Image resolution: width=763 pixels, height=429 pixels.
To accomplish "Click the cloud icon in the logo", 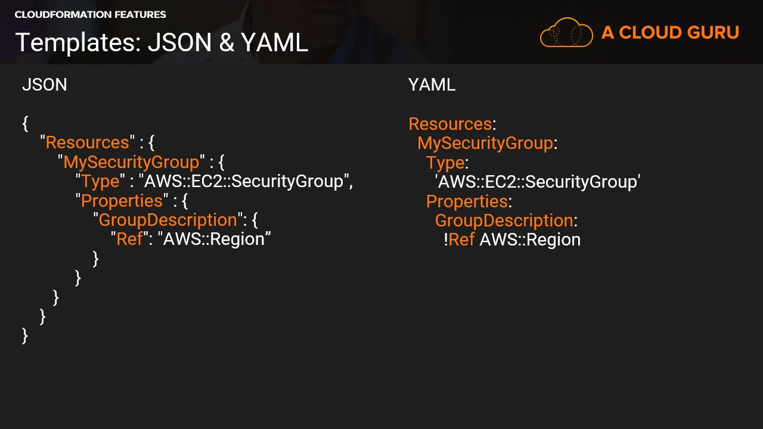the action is pos(566,32).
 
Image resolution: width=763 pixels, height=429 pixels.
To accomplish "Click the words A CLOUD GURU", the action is pos(670,33).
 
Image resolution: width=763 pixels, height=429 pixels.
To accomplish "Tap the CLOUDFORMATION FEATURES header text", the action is pos(90,14).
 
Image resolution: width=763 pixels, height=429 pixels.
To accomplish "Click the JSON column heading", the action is pos(44,85).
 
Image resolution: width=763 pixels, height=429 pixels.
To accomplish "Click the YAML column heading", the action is pos(432,85).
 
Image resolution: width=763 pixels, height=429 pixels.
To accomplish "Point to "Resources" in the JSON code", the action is pos(88,142).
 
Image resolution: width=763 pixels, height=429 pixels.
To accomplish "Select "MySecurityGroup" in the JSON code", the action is pos(131,162).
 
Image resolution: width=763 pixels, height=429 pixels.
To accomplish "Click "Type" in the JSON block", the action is pos(100,181).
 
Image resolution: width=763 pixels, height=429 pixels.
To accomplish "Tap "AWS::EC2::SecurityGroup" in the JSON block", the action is pos(244,181).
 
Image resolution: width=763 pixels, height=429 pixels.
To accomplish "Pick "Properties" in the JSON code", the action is pos(122,201).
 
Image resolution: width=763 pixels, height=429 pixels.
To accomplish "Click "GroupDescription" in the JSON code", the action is pos(168,220).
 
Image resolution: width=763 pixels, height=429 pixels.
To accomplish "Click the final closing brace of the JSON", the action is pos(24,335).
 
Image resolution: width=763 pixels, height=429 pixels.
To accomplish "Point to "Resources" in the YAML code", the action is pos(450,124).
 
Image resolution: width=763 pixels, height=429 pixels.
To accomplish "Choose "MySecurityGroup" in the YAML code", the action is pos(485,143).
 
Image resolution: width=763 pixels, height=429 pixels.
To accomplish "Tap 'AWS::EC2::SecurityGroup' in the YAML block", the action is pos(538,182).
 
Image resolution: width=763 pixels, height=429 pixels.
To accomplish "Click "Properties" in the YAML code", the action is pos(467,201).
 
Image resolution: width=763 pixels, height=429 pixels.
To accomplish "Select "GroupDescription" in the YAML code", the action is pos(504,220).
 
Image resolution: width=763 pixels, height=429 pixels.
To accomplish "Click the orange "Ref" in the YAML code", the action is pos(461,240).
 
